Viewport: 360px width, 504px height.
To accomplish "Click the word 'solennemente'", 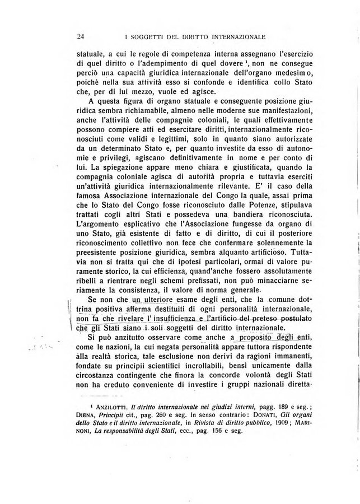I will click(258, 236).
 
